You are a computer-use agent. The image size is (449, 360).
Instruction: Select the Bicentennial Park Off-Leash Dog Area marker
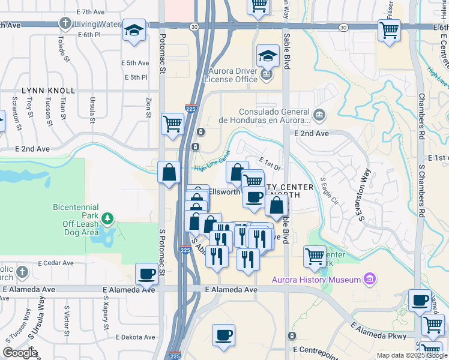click(x=107, y=218)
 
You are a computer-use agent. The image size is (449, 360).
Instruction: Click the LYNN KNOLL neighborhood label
click(x=49, y=91)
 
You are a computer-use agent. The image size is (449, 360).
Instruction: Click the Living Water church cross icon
click(x=65, y=23)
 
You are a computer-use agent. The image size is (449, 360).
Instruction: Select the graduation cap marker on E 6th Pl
click(x=134, y=30)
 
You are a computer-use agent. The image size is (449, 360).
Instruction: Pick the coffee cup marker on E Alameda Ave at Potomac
click(x=147, y=274)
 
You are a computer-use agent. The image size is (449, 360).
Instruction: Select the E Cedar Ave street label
click(x=56, y=263)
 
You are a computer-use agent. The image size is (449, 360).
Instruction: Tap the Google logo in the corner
click(x=20, y=352)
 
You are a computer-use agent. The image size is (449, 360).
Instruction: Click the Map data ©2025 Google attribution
click(x=411, y=355)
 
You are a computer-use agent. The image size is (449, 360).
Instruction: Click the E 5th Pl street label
click(x=136, y=77)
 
